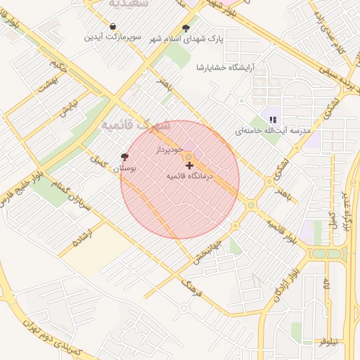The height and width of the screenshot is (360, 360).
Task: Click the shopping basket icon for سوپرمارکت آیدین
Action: [x=113, y=27]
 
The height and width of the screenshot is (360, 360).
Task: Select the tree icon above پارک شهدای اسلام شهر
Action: [x=185, y=28]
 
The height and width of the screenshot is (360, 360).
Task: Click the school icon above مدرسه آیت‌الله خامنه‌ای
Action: [x=273, y=120]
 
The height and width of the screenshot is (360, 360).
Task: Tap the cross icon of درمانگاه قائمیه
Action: [x=189, y=165]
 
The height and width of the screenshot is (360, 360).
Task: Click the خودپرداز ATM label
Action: [x=170, y=150]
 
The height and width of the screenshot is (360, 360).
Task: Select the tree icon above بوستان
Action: [x=125, y=157]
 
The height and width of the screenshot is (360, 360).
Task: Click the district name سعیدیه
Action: [x=128, y=4]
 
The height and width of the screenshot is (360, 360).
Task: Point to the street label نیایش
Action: [x=67, y=108]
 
